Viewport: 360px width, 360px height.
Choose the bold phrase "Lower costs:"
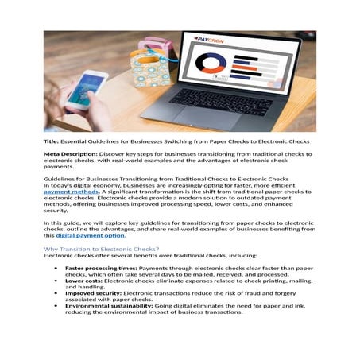83,281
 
